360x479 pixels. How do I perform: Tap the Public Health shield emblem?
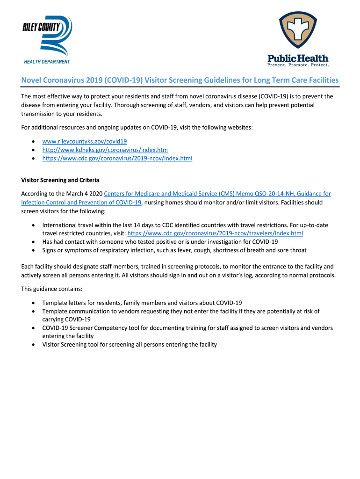click(x=298, y=31)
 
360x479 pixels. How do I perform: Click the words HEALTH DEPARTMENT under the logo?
click(x=47, y=62)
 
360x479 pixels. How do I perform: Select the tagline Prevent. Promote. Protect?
click(x=298, y=65)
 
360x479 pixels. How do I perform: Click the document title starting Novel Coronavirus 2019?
click(x=180, y=80)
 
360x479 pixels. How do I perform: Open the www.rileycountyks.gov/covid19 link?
click(x=85, y=141)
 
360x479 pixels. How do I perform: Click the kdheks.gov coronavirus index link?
click(x=105, y=150)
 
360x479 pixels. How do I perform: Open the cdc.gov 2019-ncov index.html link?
click(x=117, y=159)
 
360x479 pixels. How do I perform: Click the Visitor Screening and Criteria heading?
click(x=60, y=180)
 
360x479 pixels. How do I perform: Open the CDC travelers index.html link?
click(x=215, y=233)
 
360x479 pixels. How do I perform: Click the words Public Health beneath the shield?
click(x=298, y=58)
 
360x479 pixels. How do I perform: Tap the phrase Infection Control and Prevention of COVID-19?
click(x=81, y=203)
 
